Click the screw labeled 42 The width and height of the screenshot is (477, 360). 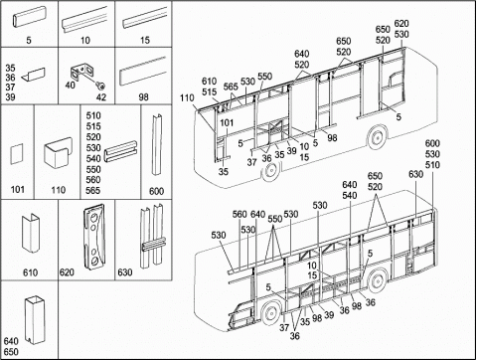click(101, 87)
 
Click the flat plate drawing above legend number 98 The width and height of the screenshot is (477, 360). click(143, 72)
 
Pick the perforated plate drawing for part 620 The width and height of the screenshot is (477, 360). click(94, 238)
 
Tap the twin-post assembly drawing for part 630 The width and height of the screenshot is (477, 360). click(152, 237)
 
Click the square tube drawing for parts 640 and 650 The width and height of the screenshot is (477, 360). click(35, 319)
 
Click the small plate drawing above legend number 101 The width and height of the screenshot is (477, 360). click(17, 154)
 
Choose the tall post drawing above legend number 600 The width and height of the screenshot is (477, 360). click(156, 145)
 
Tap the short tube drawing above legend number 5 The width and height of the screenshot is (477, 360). click(29, 16)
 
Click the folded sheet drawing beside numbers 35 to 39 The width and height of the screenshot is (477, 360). click(33, 75)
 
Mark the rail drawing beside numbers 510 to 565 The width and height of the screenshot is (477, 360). click(120, 151)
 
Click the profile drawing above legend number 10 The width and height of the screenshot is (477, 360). click(84, 20)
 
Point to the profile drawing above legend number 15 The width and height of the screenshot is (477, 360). click(144, 18)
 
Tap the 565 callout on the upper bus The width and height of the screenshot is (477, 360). click(231, 87)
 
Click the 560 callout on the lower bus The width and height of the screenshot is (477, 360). click(239, 214)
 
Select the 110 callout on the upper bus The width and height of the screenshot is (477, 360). click(187, 98)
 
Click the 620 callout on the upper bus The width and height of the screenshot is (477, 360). click(401, 24)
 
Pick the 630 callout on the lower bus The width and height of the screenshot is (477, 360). click(415, 174)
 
